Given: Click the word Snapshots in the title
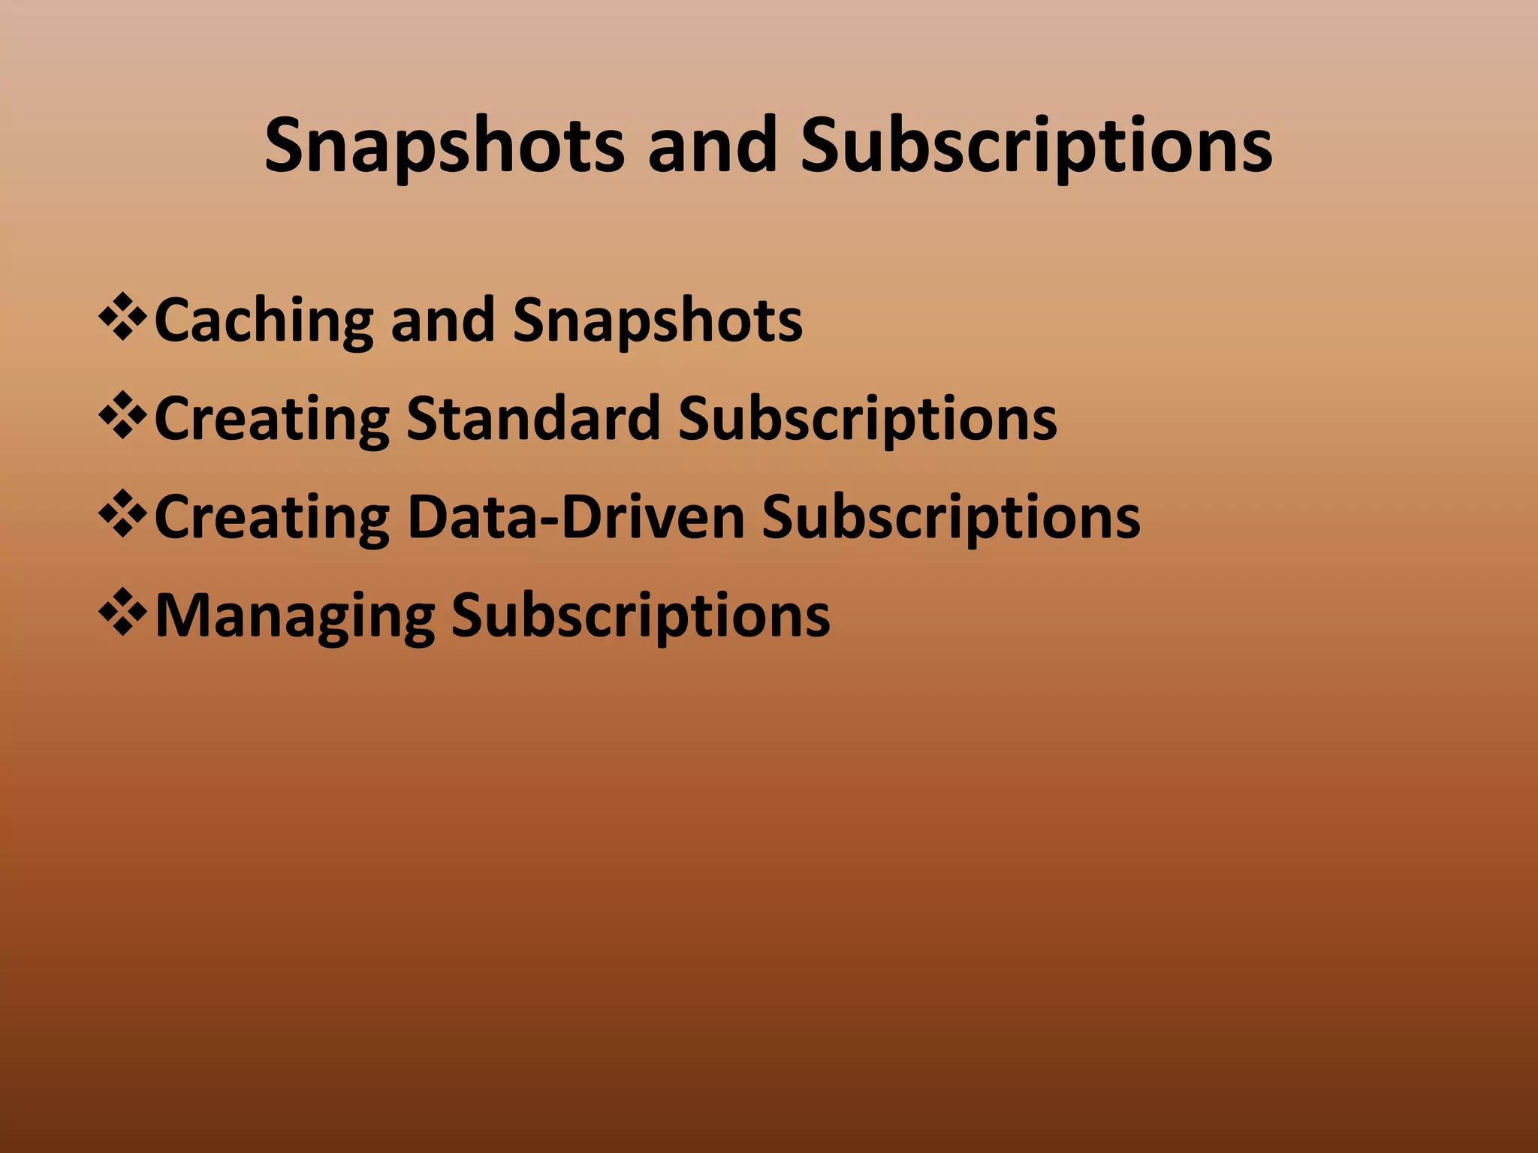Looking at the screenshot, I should [x=444, y=146].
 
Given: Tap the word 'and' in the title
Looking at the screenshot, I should [x=712, y=146].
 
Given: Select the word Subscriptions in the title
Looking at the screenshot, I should [x=1036, y=146].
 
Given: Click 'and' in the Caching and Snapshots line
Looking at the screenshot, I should [x=442, y=320].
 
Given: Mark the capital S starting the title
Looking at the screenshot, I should [x=288, y=146].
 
